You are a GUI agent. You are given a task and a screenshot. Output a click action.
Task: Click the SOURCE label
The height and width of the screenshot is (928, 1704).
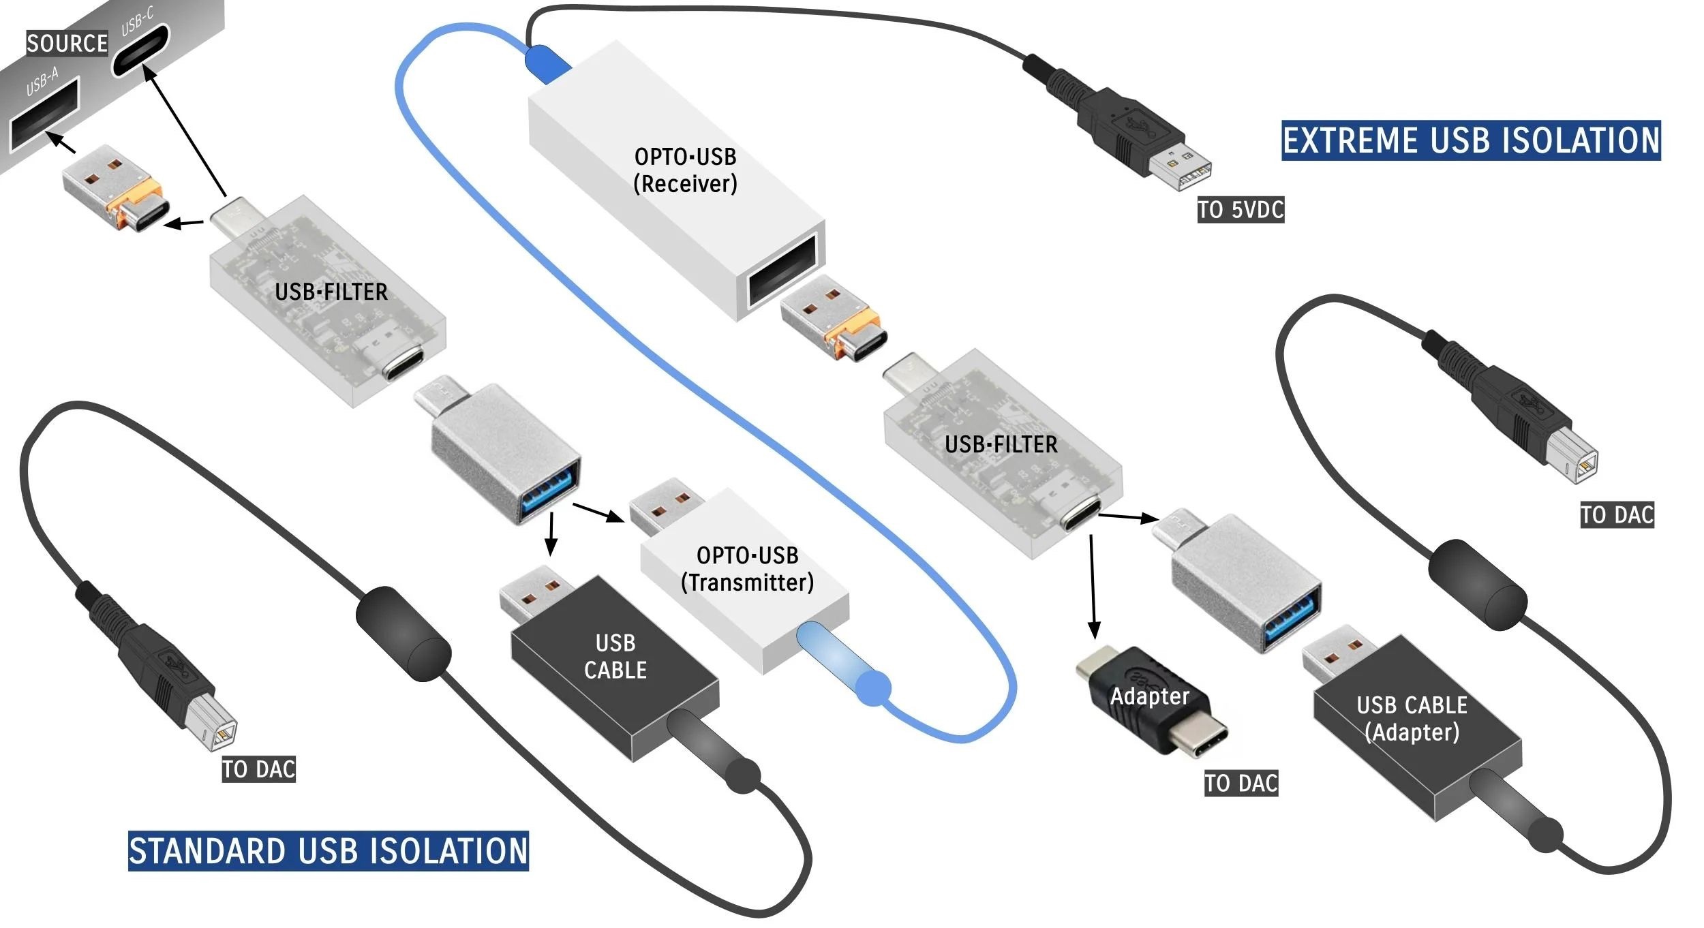pos(67,43)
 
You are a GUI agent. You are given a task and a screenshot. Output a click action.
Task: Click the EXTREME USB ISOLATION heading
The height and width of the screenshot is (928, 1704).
pos(1470,140)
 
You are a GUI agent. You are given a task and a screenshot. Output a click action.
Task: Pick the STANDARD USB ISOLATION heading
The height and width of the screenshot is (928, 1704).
pos(328,850)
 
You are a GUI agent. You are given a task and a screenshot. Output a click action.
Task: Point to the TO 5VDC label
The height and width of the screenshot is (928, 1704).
pos(1241,210)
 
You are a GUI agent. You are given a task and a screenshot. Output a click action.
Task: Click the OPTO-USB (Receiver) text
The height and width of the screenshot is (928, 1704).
pos(685,170)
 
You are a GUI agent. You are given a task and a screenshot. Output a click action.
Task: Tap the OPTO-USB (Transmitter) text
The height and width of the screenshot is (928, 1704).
pos(747,569)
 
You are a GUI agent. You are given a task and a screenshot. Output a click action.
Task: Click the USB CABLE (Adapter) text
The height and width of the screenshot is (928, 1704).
pos(1412,718)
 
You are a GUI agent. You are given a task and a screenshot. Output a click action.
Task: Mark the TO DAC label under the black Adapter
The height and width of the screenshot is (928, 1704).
pos(1241,783)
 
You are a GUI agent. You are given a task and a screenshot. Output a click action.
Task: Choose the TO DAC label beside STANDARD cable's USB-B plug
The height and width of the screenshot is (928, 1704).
pos(258,769)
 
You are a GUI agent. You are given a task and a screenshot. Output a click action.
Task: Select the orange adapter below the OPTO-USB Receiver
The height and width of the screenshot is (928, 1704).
pos(834,317)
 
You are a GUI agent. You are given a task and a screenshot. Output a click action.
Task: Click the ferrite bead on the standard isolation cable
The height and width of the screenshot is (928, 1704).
pos(403,633)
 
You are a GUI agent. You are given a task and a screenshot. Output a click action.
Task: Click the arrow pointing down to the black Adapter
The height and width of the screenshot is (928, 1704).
pos(1093,586)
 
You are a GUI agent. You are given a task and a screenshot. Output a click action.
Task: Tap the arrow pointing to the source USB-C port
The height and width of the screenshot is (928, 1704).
pos(184,129)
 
